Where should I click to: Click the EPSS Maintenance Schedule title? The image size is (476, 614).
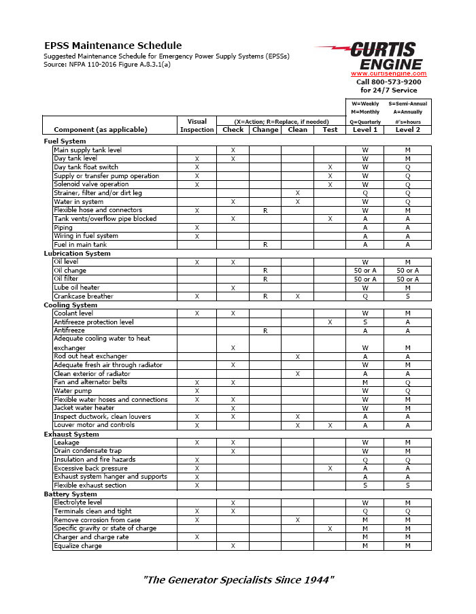pos(113,46)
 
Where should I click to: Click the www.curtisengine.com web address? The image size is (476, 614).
pos(388,73)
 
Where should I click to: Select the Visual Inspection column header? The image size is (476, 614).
pos(197,125)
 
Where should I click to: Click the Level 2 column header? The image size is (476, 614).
pos(407,129)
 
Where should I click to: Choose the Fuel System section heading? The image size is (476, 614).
pos(65,141)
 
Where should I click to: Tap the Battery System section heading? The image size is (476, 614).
pos(70,494)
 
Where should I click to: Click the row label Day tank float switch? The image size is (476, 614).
pos(86,167)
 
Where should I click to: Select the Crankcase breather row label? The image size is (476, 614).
pos(84,296)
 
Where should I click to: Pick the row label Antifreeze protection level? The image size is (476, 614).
pos(93,322)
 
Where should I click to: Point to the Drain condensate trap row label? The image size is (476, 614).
pos(88,451)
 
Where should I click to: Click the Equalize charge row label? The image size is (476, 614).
pos(78,546)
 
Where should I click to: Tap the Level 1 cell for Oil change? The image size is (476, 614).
pos(364,271)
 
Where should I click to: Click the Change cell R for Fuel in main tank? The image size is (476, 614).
pos(265,245)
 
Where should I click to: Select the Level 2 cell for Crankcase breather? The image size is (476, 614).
pos(407,296)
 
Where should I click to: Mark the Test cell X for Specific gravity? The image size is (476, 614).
pos(330,528)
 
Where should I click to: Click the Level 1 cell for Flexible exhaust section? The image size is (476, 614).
pos(364,485)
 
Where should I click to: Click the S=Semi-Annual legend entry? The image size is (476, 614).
pos(408,104)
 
